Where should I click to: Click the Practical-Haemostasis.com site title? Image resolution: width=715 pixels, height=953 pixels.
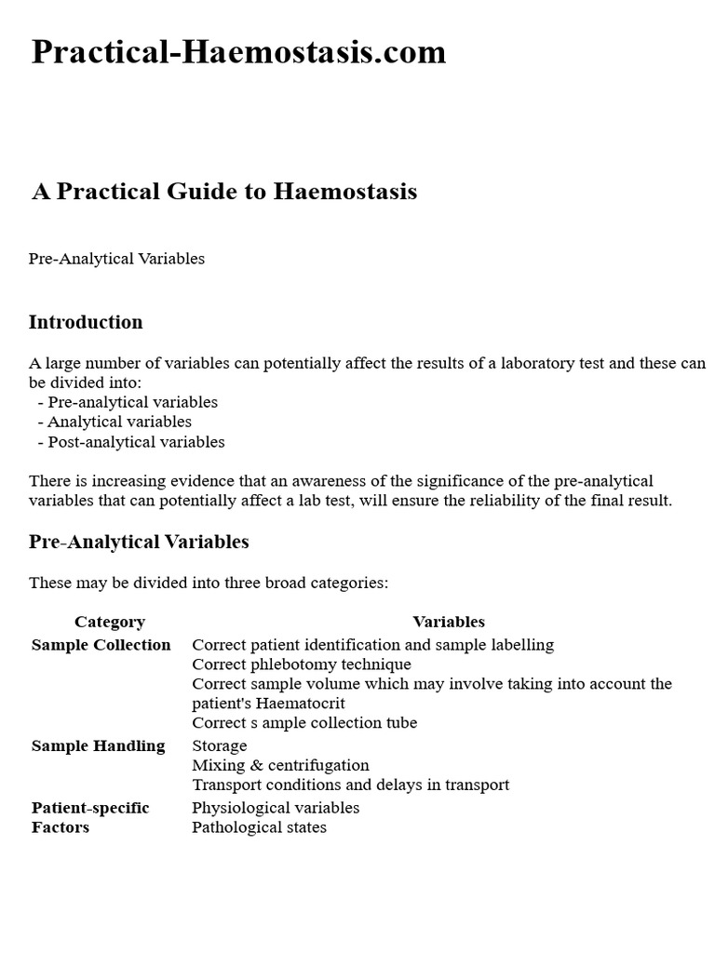238,52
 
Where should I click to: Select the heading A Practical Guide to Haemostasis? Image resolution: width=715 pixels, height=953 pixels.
224,192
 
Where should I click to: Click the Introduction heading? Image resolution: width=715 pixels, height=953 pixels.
86,322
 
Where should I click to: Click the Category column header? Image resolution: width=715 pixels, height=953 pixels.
110,622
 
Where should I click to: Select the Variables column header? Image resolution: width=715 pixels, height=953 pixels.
449,622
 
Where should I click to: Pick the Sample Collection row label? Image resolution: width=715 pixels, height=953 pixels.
101,645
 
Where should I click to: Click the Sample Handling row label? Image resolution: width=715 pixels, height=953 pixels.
99,745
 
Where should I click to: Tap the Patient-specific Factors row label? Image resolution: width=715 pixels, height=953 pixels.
90,817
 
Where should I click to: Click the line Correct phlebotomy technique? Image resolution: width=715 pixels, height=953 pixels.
302,664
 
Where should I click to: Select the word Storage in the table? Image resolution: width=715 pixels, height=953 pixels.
220,745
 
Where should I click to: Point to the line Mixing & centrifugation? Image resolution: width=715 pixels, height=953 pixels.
280,765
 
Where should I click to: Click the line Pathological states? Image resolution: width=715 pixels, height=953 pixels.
259,827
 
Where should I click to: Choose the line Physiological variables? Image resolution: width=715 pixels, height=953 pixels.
276,808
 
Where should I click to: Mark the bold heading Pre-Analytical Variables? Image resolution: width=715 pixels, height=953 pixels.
139,542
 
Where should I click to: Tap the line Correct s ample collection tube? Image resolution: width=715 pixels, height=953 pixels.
304,723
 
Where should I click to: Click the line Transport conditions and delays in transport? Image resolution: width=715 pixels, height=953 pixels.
350,785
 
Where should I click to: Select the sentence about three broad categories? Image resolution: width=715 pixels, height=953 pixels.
209,584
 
